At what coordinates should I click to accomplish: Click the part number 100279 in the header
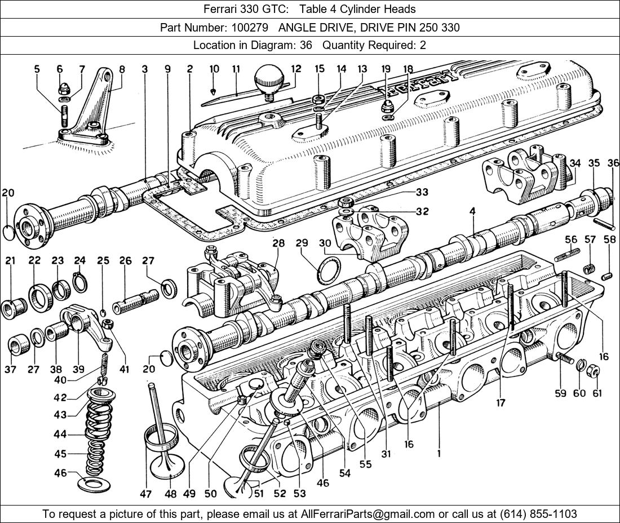(x=250, y=28)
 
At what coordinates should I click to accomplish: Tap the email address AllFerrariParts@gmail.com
(x=368, y=514)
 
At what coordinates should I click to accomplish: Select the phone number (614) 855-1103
(x=538, y=514)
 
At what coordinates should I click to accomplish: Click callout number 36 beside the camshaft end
(x=613, y=163)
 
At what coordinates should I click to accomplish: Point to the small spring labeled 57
(x=590, y=269)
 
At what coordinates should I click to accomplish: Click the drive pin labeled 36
(x=604, y=224)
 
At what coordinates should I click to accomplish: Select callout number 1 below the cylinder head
(x=439, y=454)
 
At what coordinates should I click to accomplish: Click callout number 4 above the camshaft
(x=472, y=211)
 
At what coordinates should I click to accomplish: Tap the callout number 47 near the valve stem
(x=145, y=494)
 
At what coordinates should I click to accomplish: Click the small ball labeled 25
(x=103, y=313)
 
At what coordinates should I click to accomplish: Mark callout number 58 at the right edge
(x=610, y=239)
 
